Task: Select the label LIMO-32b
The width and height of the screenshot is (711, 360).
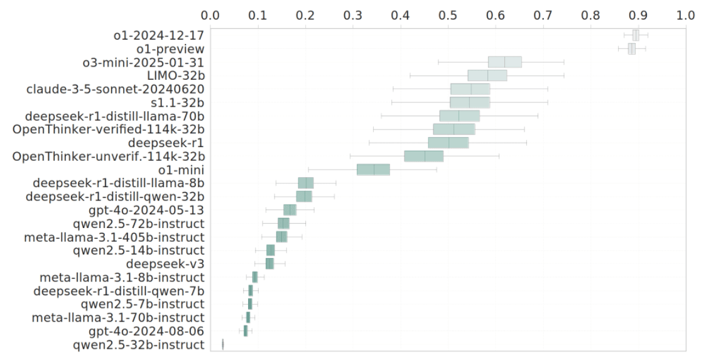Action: tap(175, 76)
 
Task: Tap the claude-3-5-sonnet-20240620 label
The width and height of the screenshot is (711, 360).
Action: tap(115, 89)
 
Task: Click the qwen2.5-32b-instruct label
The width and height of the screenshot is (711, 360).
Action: tap(138, 344)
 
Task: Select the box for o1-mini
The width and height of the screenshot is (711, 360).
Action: tap(373, 170)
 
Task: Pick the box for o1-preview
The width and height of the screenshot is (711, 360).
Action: tap(631, 48)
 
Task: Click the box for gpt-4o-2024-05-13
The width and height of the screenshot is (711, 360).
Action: tap(290, 210)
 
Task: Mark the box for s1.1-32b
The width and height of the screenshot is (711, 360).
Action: tap(470, 102)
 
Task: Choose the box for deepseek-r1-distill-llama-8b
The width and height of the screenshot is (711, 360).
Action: tap(306, 183)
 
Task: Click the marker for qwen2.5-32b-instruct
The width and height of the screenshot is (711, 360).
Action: tap(223, 344)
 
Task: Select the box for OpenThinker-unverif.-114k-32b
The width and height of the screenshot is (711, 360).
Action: tap(424, 156)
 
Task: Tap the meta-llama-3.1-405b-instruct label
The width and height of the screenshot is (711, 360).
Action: tap(114, 237)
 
